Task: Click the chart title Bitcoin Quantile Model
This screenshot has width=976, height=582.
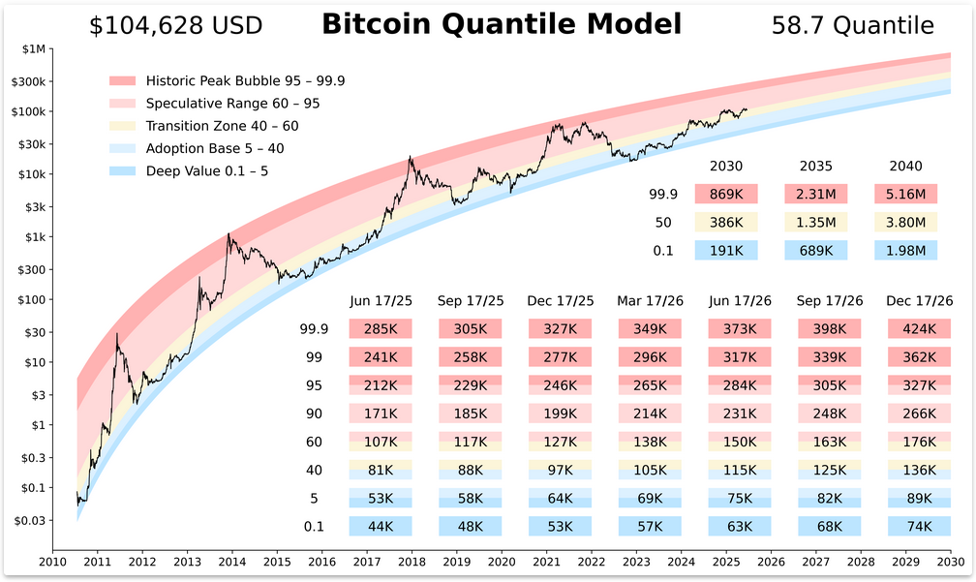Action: point(501,24)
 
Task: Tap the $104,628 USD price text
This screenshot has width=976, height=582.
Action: point(175,26)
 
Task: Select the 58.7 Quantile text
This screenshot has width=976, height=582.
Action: point(852,26)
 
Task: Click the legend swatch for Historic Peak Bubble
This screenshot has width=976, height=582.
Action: point(124,80)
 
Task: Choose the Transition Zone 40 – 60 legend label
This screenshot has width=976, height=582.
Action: point(223,126)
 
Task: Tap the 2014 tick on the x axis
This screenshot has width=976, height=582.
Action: point(231,561)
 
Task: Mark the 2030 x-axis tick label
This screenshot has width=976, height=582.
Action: point(950,561)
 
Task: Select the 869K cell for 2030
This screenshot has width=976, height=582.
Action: point(726,195)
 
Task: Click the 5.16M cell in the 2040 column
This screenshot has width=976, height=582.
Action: point(905,195)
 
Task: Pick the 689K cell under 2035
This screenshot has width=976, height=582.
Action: point(815,251)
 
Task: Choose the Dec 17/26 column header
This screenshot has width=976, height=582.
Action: point(919,301)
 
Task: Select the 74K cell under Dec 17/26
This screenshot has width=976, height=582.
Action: point(919,527)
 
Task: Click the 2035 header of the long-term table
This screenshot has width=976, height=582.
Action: point(815,167)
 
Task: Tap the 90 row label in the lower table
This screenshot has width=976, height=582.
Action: point(315,414)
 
